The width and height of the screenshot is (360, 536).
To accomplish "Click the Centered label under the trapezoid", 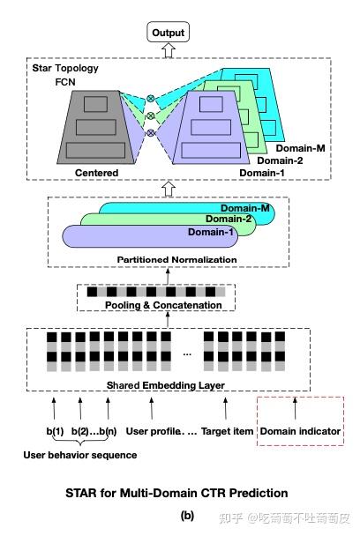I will point(97,172).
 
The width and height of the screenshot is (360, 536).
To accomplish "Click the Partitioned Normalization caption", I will point(177,259).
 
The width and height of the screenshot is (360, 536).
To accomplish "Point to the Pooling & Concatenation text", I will point(165,305).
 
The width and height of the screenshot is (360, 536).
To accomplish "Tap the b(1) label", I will point(56,432).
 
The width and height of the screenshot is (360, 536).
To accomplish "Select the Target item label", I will point(228,432).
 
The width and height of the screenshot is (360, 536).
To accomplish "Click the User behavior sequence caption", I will point(79,454).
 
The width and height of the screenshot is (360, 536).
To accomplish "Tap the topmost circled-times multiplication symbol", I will point(150,98).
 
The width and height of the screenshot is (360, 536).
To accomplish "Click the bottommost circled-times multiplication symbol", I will point(150,132).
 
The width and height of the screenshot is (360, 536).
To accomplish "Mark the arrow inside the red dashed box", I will point(295,407).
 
